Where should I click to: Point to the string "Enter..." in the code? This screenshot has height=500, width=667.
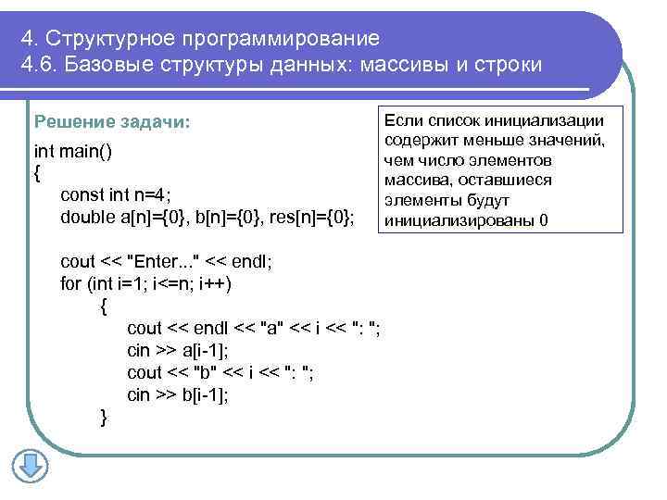(x=170, y=261)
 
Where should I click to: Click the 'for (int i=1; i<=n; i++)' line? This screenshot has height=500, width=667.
(x=145, y=283)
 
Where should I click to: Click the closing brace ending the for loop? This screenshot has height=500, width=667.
(x=103, y=419)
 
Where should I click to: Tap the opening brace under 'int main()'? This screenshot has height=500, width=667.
(x=37, y=172)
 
